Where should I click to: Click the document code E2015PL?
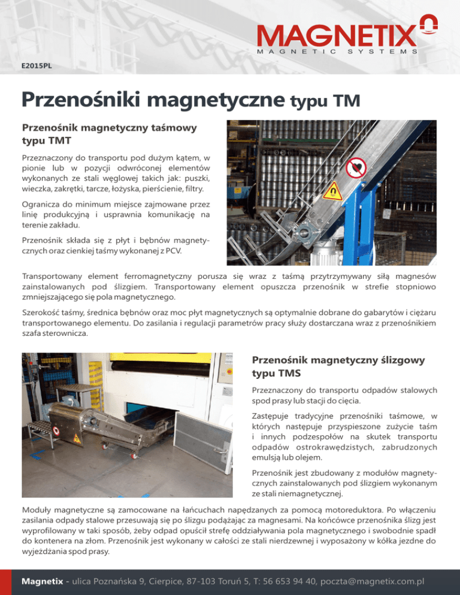(37, 66)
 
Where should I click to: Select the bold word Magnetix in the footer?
(47, 581)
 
